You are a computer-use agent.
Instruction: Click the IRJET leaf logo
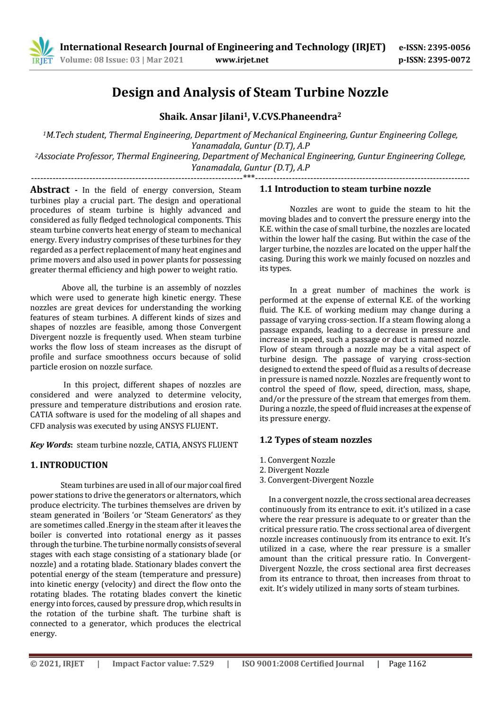[x=42, y=53]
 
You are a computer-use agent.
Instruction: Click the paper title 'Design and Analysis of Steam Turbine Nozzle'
[x=250, y=92]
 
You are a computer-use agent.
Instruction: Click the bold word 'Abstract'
[x=50, y=190]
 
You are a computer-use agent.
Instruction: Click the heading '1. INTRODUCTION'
[x=69, y=465]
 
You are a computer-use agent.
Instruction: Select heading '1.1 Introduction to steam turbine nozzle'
[x=345, y=189]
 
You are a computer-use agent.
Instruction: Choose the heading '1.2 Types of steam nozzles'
[x=316, y=440]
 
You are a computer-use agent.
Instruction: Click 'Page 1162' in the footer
[x=407, y=664]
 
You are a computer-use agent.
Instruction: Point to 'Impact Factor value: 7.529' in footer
[x=163, y=664]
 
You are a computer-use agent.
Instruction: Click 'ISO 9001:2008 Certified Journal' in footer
[x=303, y=664]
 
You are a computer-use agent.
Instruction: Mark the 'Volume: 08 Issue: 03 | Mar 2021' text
[x=122, y=60]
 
